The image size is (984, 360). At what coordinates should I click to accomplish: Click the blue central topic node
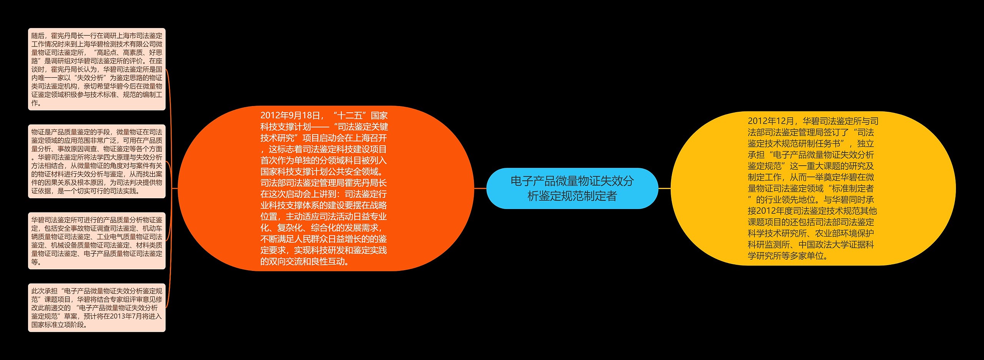click(x=572, y=188)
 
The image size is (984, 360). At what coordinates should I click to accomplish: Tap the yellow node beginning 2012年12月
click(x=813, y=188)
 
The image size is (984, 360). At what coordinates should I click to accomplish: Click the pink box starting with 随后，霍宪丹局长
click(x=96, y=69)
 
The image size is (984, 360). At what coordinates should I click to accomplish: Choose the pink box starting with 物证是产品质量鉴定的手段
click(x=96, y=161)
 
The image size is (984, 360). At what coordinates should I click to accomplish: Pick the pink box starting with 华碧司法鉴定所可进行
click(x=96, y=241)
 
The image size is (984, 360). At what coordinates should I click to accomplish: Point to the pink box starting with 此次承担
click(x=96, y=308)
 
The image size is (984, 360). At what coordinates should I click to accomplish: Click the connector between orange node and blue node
click(x=480, y=188)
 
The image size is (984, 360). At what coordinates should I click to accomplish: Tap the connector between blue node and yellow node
click(x=664, y=188)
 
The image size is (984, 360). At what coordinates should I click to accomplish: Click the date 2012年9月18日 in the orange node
click(x=290, y=116)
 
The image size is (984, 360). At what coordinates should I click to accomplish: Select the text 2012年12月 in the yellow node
click(x=771, y=121)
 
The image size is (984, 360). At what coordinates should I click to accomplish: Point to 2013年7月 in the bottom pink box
click(x=123, y=316)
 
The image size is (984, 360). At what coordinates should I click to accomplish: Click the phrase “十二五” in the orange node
click(x=350, y=116)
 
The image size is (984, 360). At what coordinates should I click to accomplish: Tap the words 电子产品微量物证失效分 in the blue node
click(x=572, y=181)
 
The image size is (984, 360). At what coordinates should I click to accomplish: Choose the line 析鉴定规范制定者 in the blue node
click(x=572, y=196)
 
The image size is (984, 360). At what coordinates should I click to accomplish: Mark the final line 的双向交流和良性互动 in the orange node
click(x=304, y=262)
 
